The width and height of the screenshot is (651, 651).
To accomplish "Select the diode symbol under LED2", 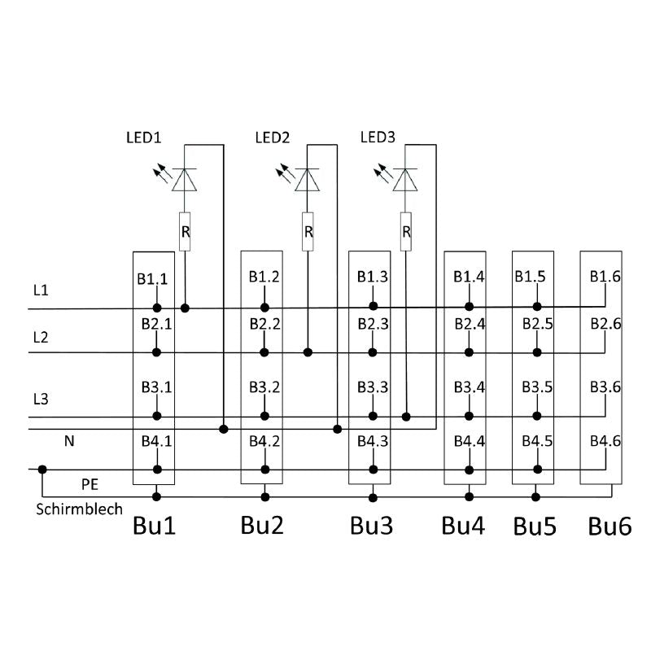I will [x=308, y=180].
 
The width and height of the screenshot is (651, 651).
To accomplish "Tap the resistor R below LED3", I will [x=405, y=231].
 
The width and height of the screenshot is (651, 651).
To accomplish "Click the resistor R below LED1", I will [x=185, y=231].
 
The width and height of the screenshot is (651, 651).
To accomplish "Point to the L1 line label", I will [x=41, y=290].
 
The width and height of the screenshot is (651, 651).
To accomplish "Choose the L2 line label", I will [x=41, y=337].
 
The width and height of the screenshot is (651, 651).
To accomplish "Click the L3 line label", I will [x=41, y=399].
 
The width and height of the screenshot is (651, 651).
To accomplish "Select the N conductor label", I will [x=69, y=441].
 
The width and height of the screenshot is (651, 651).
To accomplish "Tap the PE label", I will [x=90, y=484].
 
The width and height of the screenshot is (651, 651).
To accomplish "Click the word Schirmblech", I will [x=80, y=509].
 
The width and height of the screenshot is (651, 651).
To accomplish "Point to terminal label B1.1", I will [x=153, y=279].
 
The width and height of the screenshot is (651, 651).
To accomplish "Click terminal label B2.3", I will [x=372, y=325].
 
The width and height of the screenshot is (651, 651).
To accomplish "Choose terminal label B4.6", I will [x=605, y=442].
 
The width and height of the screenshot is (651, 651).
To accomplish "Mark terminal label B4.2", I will [x=264, y=443].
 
